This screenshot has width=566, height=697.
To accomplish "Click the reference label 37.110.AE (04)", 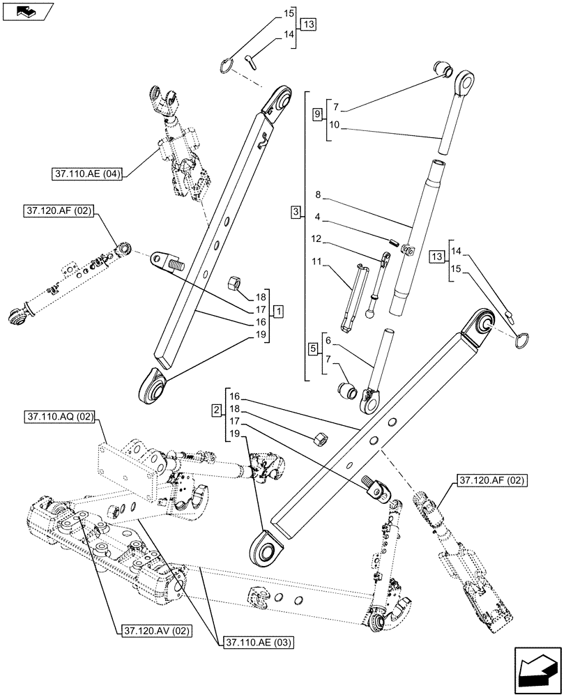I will [x=87, y=174].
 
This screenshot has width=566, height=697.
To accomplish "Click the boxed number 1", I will [x=278, y=309].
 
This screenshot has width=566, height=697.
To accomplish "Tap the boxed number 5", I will [x=314, y=347].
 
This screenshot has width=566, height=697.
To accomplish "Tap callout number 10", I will [x=335, y=125].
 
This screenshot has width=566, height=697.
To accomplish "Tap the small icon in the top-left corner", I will [x=27, y=12].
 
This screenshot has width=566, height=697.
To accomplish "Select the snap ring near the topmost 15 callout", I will [x=225, y=65].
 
